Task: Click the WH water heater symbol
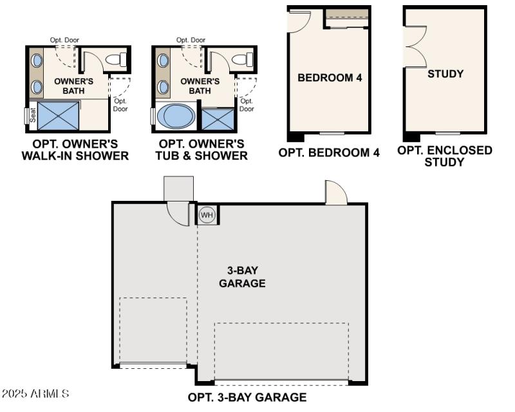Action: (207, 214)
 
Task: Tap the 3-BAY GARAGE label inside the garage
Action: (242, 277)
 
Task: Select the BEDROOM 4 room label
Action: (330, 78)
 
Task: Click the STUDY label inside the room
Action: (445, 74)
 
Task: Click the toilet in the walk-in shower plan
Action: (116, 61)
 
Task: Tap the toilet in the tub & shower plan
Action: (242, 61)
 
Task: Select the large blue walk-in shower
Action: (57, 116)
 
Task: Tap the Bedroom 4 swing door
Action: (299, 21)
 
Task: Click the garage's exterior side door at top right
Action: (336, 194)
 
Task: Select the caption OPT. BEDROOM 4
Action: (329, 153)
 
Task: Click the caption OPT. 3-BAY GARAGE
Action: (247, 397)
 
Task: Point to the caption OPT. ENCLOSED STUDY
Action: (444, 156)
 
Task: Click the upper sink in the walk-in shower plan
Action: (37, 61)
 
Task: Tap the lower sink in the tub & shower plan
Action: (164, 86)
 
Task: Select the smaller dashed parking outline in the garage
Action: (153, 330)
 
